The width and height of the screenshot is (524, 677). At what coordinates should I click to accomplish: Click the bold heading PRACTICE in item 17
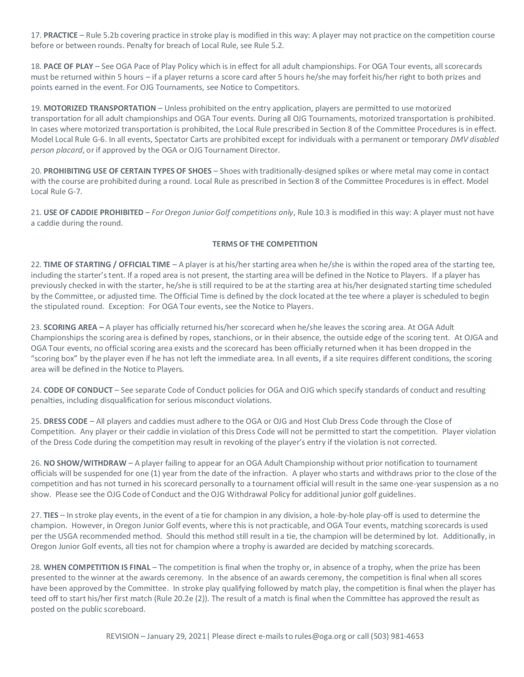click(61, 35)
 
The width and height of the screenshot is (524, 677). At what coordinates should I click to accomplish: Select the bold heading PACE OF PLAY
click(68, 66)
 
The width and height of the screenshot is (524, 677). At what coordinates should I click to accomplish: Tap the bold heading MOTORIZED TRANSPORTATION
click(100, 108)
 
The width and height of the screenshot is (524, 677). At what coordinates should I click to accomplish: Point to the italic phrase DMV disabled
click(474, 139)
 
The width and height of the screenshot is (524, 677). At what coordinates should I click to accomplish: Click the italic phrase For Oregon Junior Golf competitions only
click(222, 212)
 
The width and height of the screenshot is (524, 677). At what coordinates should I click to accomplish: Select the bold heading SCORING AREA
click(70, 327)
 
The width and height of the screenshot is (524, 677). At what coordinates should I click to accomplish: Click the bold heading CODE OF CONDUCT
click(78, 390)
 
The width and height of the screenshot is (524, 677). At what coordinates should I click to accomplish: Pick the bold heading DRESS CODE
click(65, 421)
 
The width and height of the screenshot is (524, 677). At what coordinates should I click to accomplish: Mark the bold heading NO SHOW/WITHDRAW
click(85, 463)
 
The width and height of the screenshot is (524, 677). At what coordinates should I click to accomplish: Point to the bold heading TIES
click(51, 515)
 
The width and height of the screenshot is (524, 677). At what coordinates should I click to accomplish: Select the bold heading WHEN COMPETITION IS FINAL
click(97, 567)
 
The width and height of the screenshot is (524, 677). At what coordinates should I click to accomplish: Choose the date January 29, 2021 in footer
click(176, 636)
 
